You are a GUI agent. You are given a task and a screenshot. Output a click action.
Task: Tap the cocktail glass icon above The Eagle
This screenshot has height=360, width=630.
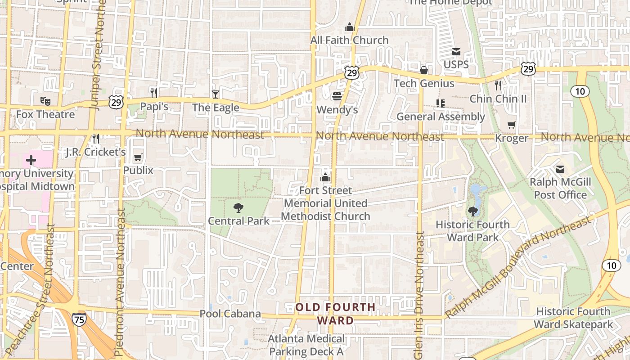point(216,94)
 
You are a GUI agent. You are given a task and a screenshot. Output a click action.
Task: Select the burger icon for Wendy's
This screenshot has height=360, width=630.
point(337,96)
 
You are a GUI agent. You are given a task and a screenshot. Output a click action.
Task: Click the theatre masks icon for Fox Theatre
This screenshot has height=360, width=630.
point(45,101)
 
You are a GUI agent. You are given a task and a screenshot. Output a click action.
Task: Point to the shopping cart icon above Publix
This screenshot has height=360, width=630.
point(138,157)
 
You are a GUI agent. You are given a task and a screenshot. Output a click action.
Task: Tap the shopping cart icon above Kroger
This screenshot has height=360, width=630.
point(511,125)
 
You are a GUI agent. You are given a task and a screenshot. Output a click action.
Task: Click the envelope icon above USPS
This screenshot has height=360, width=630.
point(456,51)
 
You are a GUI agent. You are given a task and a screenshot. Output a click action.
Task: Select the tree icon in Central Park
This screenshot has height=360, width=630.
point(238,207)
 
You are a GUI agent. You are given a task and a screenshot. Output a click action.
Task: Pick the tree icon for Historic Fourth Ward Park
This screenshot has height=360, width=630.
point(472,211)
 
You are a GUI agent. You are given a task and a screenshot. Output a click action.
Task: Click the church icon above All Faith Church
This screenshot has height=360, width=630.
point(350,27)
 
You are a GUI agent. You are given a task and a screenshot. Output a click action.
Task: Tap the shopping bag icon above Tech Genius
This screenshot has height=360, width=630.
point(424,70)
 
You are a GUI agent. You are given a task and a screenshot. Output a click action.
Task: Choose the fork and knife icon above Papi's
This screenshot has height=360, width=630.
point(154,93)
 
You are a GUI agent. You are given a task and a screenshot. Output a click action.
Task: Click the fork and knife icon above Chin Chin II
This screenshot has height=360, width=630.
point(498,85)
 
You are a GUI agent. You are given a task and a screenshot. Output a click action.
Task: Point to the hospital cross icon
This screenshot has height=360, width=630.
point(31,160)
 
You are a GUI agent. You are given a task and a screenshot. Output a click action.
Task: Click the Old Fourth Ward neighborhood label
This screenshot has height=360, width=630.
point(335,314)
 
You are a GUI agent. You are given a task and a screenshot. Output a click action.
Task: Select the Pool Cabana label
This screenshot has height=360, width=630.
point(230,314)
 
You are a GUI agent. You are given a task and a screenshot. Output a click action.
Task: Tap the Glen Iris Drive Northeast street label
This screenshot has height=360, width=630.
point(420,295)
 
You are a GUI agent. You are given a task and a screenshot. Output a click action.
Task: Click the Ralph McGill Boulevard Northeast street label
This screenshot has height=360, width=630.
point(517,266)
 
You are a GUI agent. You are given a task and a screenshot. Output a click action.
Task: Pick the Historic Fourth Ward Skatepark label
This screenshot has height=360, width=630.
point(573,318)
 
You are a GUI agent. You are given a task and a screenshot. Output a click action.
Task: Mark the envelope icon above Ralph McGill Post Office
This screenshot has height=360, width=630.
point(560,169)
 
